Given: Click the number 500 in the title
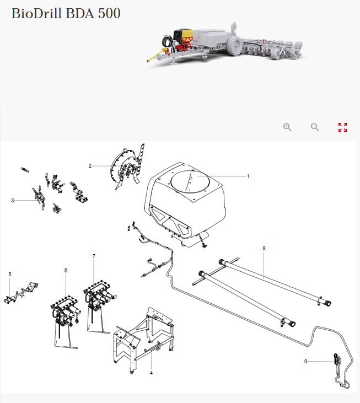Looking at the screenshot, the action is point(109,13).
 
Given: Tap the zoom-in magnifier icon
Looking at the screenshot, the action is point(287,127).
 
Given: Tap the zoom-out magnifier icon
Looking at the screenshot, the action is point(315,127).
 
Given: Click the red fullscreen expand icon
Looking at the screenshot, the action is point(342,127).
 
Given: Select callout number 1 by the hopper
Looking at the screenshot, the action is point(248,176).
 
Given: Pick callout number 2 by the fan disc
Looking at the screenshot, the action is point(90,166).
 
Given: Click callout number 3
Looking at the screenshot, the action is point(13,201).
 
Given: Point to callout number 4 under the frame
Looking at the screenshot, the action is point(152,373).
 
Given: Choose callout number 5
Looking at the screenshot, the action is point(10,275).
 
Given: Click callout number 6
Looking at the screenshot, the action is point(66,270).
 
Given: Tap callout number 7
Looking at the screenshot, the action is point(94,256).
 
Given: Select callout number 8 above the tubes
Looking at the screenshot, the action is point(264,249).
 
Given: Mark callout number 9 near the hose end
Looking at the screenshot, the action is point(305,361).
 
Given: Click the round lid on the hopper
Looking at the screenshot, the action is point(190,181).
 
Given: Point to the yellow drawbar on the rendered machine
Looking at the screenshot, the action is point(155,55).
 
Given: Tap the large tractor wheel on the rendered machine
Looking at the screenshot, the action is point(234,46).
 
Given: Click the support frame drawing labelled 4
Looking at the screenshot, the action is point(144,340).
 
